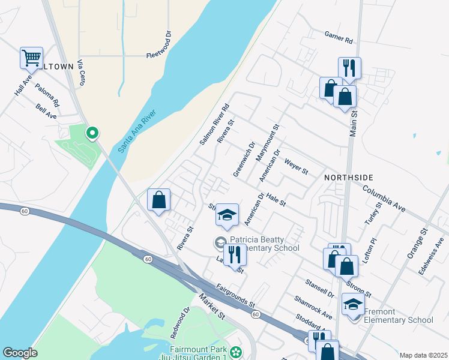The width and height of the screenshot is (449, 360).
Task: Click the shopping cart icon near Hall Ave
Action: [x=31, y=59]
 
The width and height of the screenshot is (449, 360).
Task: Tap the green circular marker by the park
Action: [x=92, y=133]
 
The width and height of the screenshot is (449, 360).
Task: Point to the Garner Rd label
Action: [x=339, y=38]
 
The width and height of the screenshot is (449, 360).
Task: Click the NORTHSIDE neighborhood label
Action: [x=349, y=178]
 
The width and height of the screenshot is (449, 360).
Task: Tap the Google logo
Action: [x=20, y=352]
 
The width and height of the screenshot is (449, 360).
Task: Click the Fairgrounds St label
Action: [x=237, y=296]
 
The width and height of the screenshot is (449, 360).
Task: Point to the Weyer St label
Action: [x=296, y=166]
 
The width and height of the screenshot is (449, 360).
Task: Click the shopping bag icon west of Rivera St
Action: [x=159, y=200]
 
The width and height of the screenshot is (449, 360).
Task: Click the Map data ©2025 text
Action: [x=423, y=355]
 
